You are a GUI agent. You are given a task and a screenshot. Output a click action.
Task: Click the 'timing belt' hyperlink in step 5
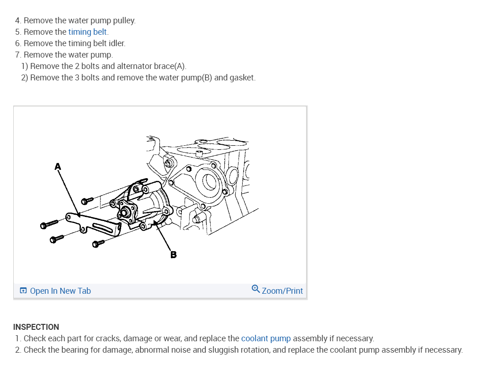(x=88, y=32)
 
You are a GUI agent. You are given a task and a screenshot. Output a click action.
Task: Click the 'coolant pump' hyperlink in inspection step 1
(x=266, y=339)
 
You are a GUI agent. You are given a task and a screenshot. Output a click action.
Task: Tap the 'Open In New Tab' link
(x=60, y=291)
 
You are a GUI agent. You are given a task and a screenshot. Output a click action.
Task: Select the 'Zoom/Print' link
(x=282, y=291)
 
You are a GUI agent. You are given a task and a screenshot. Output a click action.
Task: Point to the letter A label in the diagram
(x=58, y=167)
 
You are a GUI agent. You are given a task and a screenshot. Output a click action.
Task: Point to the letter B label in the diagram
(x=174, y=254)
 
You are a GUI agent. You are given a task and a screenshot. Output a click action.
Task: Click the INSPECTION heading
(x=36, y=327)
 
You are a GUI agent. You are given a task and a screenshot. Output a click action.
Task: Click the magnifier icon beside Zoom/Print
(x=256, y=289)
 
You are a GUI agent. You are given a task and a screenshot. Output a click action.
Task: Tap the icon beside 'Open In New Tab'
(x=23, y=291)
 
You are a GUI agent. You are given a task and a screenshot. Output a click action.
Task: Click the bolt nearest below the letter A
(x=87, y=200)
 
